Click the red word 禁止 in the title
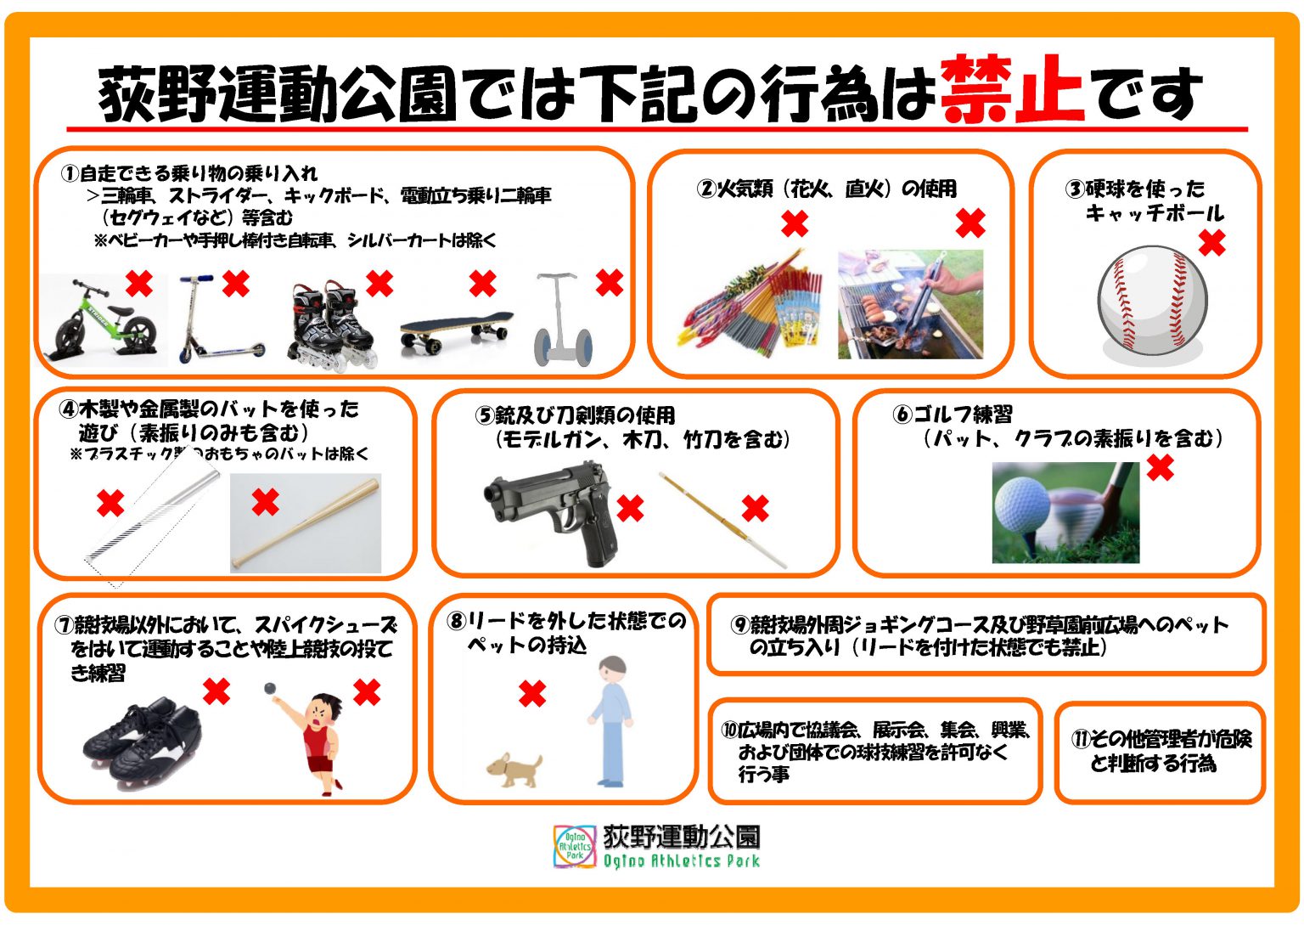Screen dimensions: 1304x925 (1012, 89)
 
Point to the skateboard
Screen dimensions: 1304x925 (457, 332)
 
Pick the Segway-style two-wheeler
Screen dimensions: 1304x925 (562, 319)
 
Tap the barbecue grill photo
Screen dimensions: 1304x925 (910, 304)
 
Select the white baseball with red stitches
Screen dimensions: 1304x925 (1152, 301)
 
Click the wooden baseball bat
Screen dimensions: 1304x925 (306, 522)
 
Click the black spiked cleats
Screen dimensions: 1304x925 (142, 742)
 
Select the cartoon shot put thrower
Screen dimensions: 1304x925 (311, 737)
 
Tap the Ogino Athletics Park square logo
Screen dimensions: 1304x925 (575, 846)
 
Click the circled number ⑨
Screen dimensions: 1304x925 (740, 625)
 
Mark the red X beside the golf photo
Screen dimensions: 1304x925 (1161, 468)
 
